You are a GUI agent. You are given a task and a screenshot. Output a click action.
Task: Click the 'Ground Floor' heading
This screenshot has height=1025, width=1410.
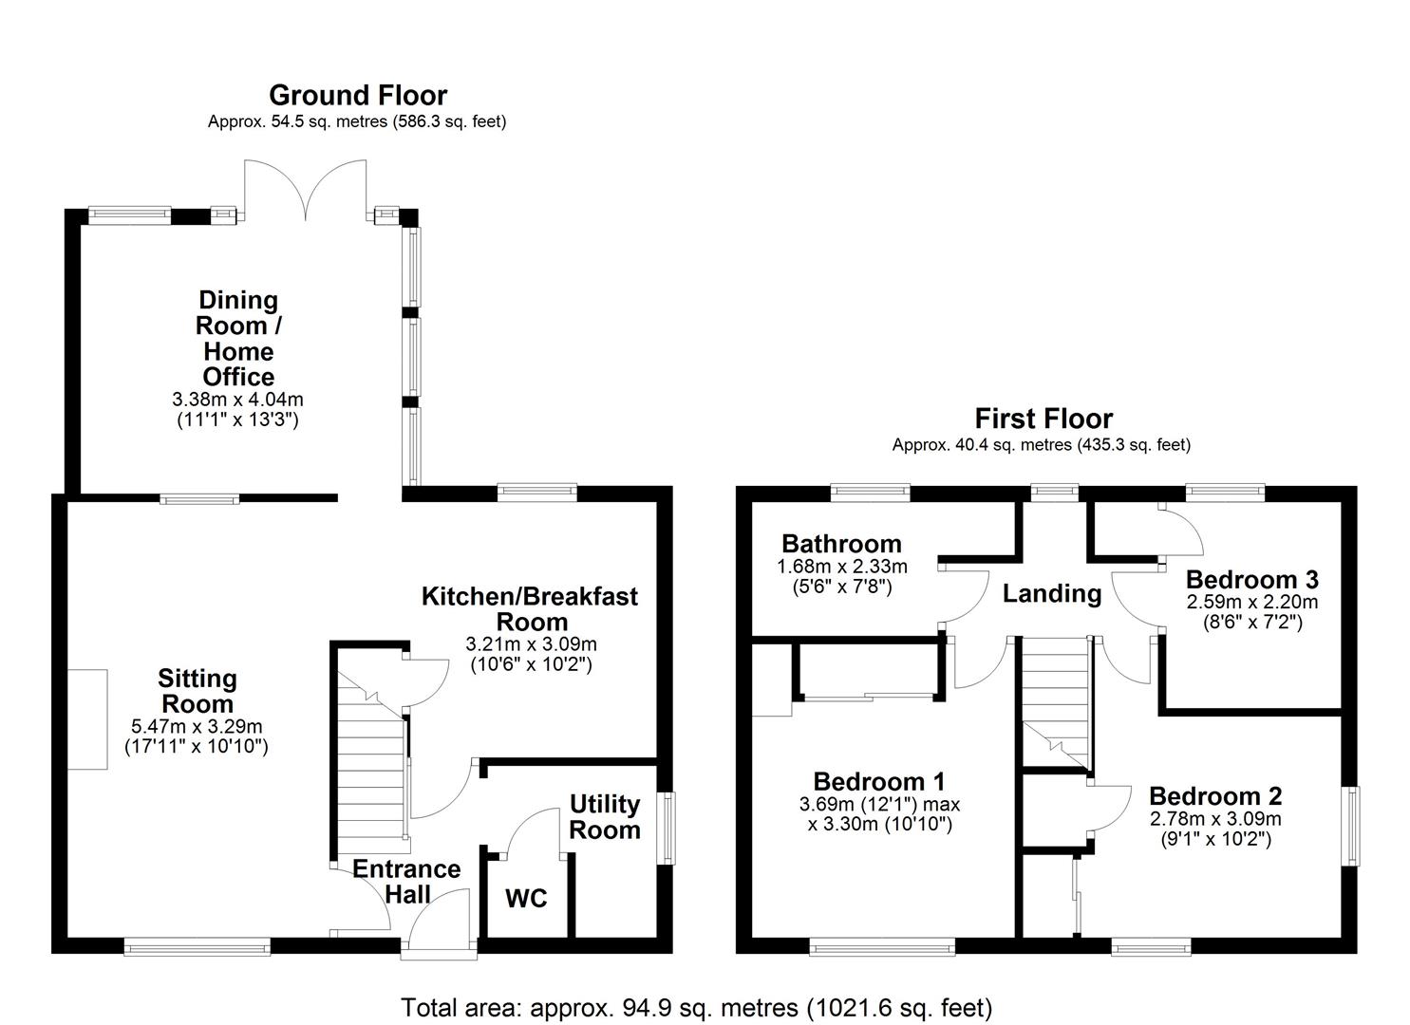pos(358,96)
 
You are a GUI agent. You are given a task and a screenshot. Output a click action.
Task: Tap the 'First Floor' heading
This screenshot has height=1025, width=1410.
pos(1043,419)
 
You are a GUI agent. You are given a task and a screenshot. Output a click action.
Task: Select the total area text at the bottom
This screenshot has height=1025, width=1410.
pos(696,1007)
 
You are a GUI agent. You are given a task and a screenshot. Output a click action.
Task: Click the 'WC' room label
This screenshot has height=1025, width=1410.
pos(526,898)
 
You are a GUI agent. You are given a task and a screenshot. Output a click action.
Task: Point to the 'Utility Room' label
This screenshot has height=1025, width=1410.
pos(605,817)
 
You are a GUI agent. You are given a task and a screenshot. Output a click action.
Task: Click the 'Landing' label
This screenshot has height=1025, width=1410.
pos(1052,594)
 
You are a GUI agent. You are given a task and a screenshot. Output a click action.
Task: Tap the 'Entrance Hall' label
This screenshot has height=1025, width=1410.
pos(406,882)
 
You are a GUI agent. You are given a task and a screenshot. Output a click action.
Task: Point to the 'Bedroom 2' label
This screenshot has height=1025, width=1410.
pos(1215,796)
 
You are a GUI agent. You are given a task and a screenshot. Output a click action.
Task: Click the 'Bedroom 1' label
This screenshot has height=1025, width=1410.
pos(879,782)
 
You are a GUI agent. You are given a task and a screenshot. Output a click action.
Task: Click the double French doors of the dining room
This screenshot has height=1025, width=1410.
pos(306,190)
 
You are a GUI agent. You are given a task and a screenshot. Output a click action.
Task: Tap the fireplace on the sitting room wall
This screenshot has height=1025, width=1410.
pos(87,719)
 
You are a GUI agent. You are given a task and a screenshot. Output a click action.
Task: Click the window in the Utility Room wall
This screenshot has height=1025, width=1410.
pos(667,829)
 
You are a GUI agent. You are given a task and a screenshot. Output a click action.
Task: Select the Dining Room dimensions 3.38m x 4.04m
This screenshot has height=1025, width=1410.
pos(238,409)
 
